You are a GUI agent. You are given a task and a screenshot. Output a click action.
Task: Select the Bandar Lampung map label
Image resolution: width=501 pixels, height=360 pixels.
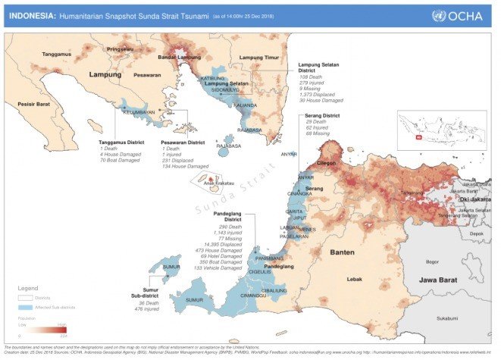[x=178, y=57]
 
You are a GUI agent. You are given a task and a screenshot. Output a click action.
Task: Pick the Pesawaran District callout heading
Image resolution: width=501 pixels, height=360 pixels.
[x=183, y=142]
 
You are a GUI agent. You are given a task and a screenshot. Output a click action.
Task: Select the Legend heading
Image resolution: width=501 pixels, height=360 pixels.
[x=30, y=288]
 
